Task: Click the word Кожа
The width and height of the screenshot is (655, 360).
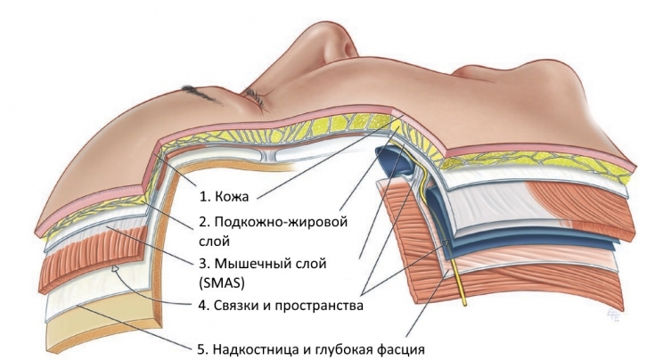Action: [x=232, y=196]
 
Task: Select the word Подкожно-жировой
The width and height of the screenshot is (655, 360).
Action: [x=281, y=221]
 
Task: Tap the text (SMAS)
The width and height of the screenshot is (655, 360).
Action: [x=221, y=282]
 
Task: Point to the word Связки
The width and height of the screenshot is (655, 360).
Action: [x=236, y=306]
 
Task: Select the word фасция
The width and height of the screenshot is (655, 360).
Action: [x=401, y=348]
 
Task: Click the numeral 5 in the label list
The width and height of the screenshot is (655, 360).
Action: [x=201, y=348]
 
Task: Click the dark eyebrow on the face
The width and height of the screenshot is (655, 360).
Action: [x=201, y=94]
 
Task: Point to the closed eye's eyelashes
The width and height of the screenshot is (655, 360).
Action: [x=257, y=100]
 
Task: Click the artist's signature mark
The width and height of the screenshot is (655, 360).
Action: [x=614, y=314]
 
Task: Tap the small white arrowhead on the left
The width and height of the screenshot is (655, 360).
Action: [x=115, y=267]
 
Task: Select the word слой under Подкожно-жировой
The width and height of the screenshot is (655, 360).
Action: [x=214, y=241]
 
